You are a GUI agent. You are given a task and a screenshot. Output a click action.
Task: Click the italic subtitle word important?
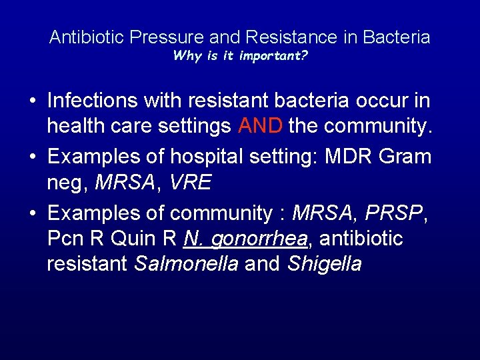click(x=275, y=55)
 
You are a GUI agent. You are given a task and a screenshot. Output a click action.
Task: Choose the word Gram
click(x=405, y=157)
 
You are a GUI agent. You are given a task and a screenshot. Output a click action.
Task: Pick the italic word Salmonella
click(x=186, y=264)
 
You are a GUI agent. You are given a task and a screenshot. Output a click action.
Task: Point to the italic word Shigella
click(x=325, y=264)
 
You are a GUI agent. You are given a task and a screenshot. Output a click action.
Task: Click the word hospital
click(x=204, y=157)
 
